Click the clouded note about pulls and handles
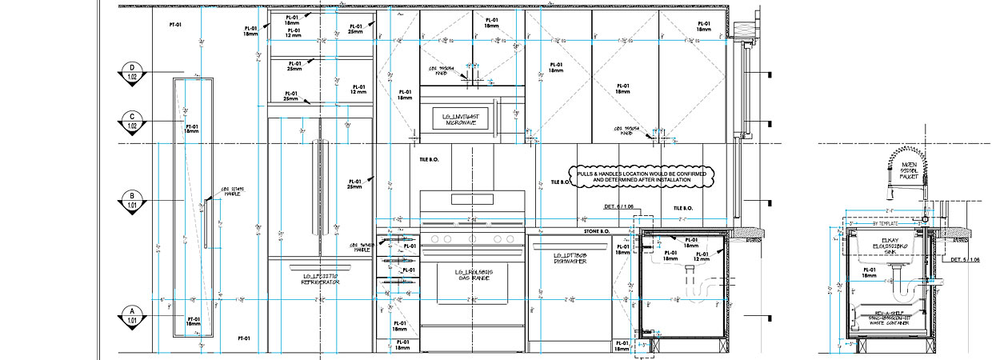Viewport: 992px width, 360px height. [640, 176]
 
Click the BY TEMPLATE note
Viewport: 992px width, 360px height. [886, 224]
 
